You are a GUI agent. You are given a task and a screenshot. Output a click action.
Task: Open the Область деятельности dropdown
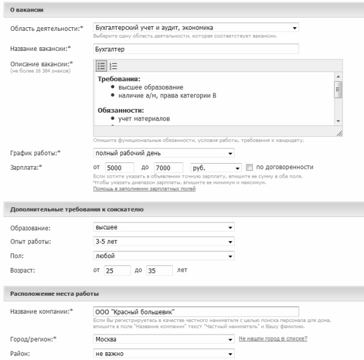pyautogui.click(x=196, y=28)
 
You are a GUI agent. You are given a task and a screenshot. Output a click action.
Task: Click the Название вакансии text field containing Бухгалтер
pyautogui.click(x=196, y=50)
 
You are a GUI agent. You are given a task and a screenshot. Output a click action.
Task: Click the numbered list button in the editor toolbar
pyautogui.click(x=113, y=65)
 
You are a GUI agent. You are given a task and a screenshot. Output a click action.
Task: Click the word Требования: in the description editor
pyautogui.click(x=119, y=79)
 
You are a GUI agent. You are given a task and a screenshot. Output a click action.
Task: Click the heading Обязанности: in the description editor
pyautogui.click(x=121, y=110)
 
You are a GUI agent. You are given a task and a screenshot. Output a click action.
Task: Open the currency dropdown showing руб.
pyautogui.click(x=215, y=167)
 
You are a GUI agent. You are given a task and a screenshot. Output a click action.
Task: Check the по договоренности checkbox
pyautogui.click(x=249, y=167)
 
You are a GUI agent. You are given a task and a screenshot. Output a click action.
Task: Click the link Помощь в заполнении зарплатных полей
pyautogui.click(x=144, y=189)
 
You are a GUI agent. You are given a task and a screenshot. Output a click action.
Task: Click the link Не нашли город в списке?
pyautogui.click(x=273, y=338)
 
